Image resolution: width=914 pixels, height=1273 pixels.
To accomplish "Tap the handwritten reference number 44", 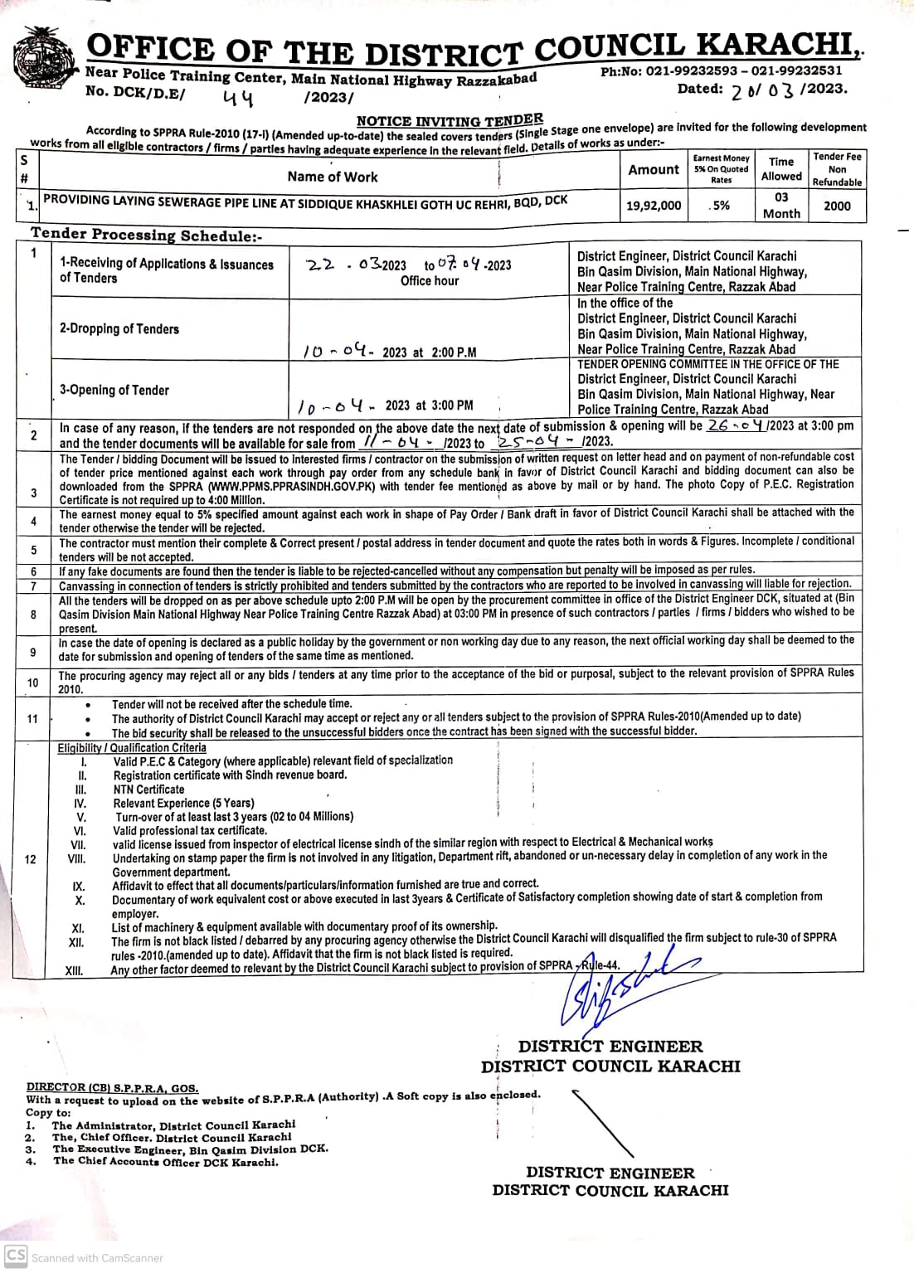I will pos(239,99).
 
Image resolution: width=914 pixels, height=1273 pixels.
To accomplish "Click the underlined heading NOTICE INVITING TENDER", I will pos(450,120).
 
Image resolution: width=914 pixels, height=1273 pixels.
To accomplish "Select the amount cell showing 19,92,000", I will pos(654,206).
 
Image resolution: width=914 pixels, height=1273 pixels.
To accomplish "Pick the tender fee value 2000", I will pos(837,206).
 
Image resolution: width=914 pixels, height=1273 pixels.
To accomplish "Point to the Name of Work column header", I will pos(332,177).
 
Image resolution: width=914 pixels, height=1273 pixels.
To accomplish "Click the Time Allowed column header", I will pos(781,168).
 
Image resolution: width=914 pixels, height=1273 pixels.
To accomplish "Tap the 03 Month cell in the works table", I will pos(781,205).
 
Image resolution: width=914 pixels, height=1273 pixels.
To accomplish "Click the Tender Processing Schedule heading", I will pos(147,235).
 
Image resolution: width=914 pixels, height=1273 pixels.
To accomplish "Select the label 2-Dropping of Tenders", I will pos(119,328).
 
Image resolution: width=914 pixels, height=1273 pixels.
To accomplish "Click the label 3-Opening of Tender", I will pos(114,390).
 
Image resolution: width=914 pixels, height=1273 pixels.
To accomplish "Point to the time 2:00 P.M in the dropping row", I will pos(454,352).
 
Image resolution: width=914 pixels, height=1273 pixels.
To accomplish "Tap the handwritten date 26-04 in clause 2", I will pos(736,425).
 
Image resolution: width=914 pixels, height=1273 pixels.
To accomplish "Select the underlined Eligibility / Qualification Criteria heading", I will pos(132,747).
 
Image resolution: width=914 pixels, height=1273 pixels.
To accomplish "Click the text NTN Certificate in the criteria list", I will pos(149,789).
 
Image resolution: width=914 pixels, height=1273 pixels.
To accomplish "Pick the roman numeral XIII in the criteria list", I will pos(75,969).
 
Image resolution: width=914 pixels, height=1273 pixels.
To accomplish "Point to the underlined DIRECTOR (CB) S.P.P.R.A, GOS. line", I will pos(112,1086).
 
